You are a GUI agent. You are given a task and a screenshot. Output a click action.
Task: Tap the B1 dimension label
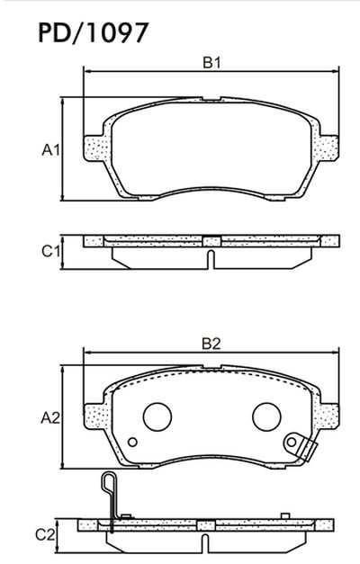211,63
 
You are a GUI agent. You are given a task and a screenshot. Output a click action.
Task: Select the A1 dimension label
51,149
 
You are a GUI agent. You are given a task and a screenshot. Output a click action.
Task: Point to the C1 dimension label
51,250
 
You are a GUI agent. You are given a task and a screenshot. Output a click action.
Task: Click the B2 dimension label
211,343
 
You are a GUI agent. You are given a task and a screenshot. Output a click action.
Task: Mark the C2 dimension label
51,533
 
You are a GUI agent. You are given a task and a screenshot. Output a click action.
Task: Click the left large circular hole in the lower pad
157,416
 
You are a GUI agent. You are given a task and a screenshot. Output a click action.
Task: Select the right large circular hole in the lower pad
265,416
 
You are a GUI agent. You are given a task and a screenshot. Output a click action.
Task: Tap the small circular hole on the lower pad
132,442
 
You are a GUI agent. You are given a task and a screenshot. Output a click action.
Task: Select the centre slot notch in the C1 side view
211,259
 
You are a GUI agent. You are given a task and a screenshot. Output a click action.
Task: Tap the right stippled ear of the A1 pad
329,146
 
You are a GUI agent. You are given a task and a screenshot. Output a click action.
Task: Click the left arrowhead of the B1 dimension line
86,69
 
